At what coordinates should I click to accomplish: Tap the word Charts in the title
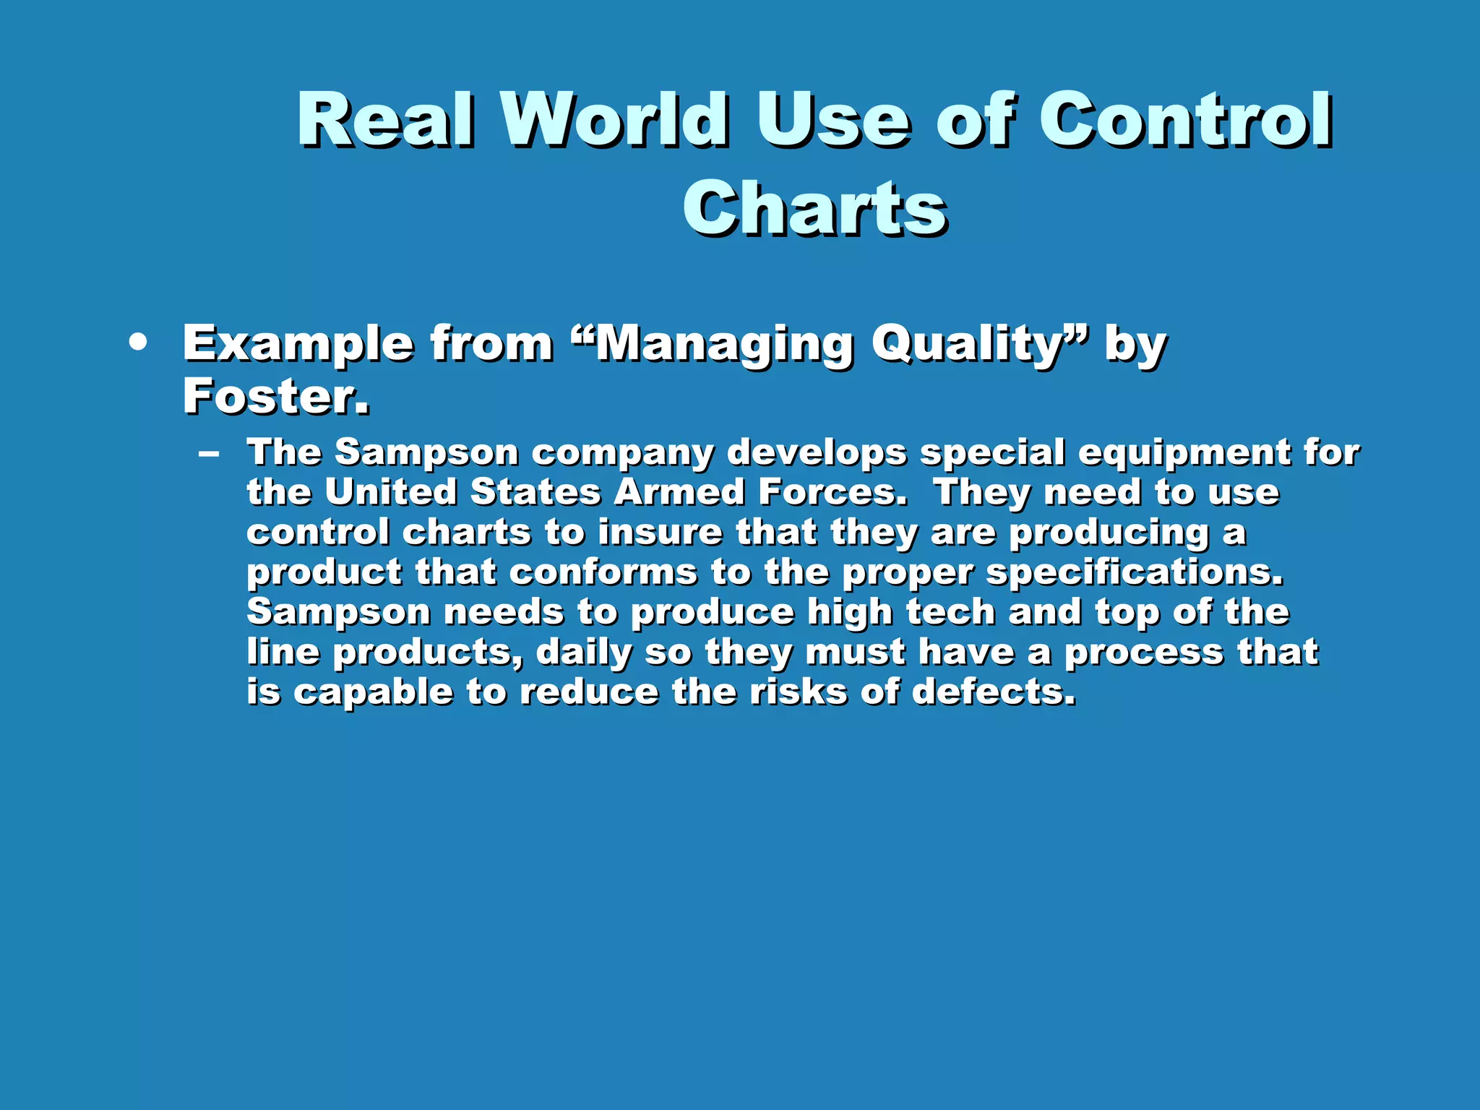pos(814,208)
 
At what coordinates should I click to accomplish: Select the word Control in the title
pos(1185,120)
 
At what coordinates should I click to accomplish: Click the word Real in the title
pos(387,120)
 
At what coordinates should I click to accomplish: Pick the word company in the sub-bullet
pos(622,454)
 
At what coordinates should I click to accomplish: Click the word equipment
pos(1184,454)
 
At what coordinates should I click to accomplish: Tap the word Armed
pos(679,493)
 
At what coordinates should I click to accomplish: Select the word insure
pos(660,533)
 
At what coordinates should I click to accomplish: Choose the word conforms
pos(603,573)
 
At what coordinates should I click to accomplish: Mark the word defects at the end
pos(994,692)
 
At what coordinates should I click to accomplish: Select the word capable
pos(373,692)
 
